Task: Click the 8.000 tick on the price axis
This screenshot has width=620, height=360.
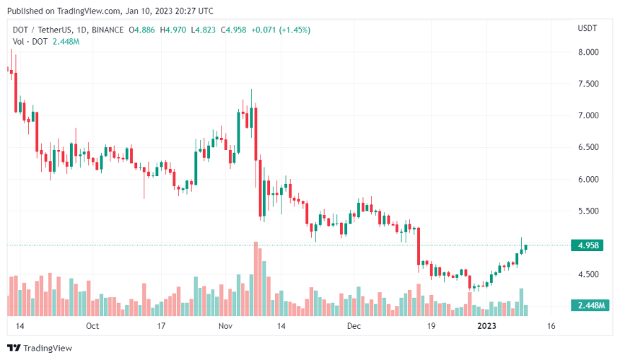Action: (589, 53)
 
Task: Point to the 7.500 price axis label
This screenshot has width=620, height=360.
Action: (589, 84)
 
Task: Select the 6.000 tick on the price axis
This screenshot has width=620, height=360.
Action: (589, 180)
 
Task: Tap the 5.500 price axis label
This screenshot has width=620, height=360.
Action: (589, 211)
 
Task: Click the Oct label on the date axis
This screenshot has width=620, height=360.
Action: (92, 326)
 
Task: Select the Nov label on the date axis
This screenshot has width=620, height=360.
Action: (225, 326)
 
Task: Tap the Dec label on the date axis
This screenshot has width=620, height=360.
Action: (354, 326)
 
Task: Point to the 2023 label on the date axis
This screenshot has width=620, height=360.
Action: (486, 326)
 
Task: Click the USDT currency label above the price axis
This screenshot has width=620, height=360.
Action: (588, 28)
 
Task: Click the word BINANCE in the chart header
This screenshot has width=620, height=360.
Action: (105, 30)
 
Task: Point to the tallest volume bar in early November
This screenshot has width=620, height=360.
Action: (256, 278)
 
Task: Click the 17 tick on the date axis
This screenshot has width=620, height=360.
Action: (161, 326)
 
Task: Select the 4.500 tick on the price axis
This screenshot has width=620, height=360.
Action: (589, 275)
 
